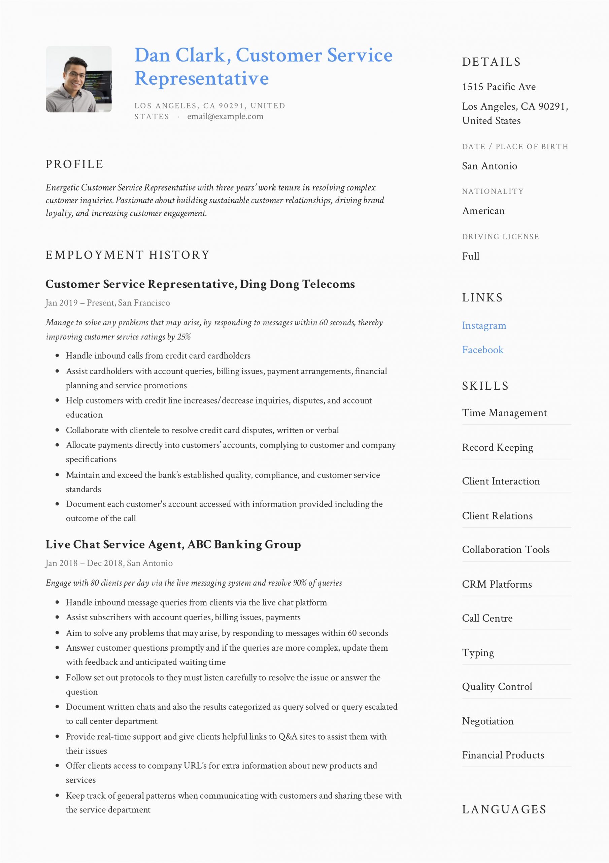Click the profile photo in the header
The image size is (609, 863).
78,79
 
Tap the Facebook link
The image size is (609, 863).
482,350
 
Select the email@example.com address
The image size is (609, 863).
225,117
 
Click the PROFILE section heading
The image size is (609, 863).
74,164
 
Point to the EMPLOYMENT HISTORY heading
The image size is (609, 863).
127,255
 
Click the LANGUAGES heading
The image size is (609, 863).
504,809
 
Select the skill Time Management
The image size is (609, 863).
504,413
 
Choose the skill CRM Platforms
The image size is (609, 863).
497,584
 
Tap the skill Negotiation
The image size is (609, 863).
487,721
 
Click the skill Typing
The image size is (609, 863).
478,653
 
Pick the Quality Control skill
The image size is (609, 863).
497,687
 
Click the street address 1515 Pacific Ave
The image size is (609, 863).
499,87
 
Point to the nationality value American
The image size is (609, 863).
483,211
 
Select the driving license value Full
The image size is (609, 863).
470,256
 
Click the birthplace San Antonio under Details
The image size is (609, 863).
489,166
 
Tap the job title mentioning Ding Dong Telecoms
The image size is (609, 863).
200,284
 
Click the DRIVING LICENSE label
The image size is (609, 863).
500,237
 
